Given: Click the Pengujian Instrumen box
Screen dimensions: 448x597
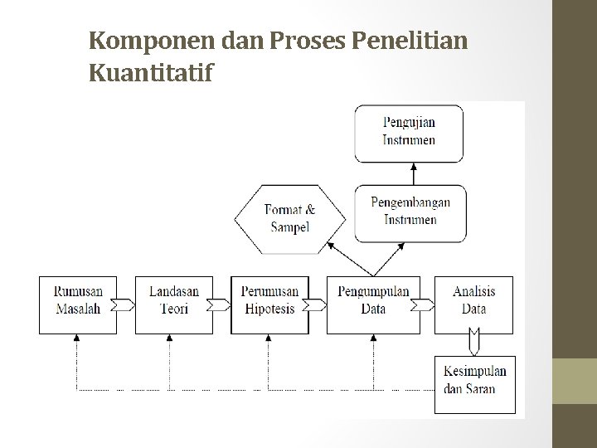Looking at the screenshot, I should click(x=410, y=132).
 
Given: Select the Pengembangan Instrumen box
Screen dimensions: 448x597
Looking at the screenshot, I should click(x=410, y=212).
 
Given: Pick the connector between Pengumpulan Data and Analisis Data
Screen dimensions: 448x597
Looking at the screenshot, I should click(x=422, y=304).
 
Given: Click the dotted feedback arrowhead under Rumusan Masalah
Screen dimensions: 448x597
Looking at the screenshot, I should click(x=77, y=338).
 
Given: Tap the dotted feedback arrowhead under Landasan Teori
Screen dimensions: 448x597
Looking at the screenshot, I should click(x=170, y=338).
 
